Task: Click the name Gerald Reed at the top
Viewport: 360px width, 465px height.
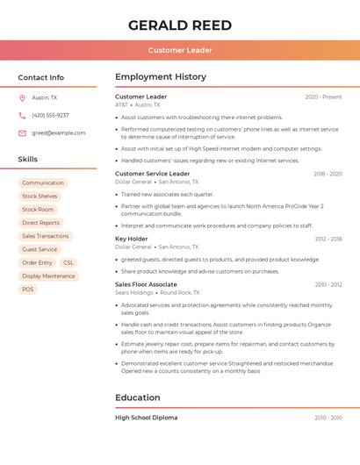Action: pyautogui.click(x=180, y=25)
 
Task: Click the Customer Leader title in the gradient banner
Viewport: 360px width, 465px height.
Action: pyautogui.click(x=180, y=50)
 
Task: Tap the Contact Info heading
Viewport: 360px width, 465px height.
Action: pyautogui.click(x=40, y=77)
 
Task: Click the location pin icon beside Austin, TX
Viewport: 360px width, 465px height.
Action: pyautogui.click(x=22, y=98)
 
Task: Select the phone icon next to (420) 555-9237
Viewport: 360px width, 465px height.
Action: pyautogui.click(x=22, y=115)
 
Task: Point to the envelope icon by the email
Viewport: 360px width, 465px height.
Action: pyautogui.click(x=22, y=132)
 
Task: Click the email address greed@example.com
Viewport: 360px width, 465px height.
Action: pyautogui.click(x=59, y=132)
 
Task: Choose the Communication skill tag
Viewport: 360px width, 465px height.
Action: pyautogui.click(x=43, y=182)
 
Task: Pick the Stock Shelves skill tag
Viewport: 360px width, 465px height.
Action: pyautogui.click(x=40, y=197)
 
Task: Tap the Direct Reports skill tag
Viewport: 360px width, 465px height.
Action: pyautogui.click(x=40, y=223)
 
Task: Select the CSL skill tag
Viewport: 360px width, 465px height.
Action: pyautogui.click(x=68, y=263)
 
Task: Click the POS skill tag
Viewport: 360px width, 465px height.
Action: pyautogui.click(x=28, y=290)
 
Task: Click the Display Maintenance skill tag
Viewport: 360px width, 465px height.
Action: pyautogui.click(x=48, y=276)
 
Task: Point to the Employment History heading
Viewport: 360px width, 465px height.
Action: pyautogui.click(x=161, y=77)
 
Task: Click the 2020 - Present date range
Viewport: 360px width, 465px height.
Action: pyautogui.click(x=323, y=97)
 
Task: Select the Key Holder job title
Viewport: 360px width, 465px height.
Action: pyautogui.click(x=132, y=239)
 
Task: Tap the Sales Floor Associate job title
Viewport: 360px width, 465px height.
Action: pyautogui.click(x=146, y=284)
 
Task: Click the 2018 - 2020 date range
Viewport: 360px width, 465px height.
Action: pyautogui.click(x=328, y=174)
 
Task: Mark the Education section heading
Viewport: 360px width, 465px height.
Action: pyautogui.click(x=138, y=397)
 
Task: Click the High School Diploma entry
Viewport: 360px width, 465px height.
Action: pyautogui.click(x=146, y=418)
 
